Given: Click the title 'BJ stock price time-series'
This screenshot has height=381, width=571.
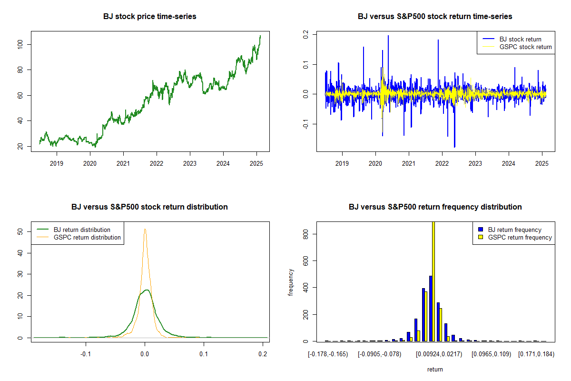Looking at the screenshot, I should click(149, 17).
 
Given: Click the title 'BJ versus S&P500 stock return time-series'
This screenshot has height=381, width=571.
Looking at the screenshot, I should click(435, 17).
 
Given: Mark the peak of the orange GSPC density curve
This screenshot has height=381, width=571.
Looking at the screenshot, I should click(145, 229).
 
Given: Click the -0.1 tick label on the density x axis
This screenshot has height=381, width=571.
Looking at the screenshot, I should click(86, 354).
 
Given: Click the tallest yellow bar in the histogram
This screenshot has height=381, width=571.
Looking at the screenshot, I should click(433, 281).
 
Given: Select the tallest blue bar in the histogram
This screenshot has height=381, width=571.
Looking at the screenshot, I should click(430, 308).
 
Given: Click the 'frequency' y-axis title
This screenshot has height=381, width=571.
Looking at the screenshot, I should click(291, 283).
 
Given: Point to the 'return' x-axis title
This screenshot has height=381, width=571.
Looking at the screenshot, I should click(435, 369).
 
